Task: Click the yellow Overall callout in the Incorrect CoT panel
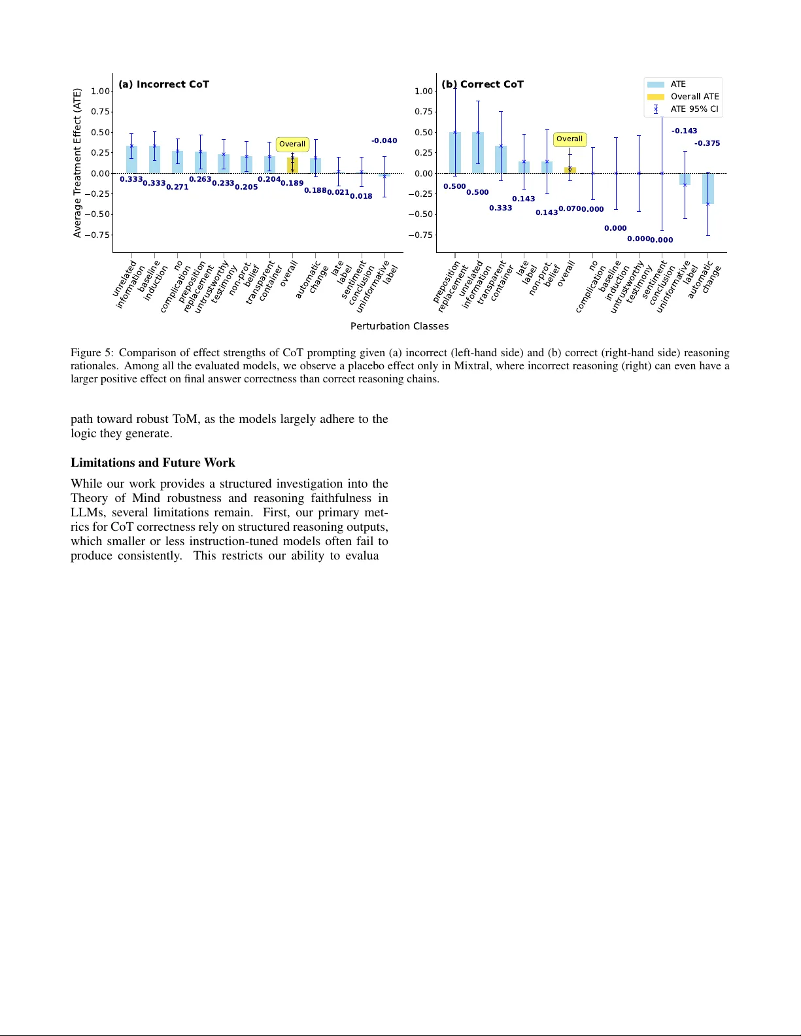click(x=292, y=144)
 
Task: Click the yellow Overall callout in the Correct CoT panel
click(x=569, y=139)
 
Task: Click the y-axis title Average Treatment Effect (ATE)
click(x=77, y=163)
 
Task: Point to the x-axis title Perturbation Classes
click(x=399, y=326)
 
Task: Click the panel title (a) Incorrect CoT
click(x=163, y=84)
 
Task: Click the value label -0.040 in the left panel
click(x=384, y=141)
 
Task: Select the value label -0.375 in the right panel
click(x=707, y=143)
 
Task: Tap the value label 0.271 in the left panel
click(x=177, y=187)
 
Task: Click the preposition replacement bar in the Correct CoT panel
click(x=455, y=153)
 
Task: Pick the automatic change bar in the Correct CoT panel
click(x=707, y=188)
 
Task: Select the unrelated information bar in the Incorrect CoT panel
click(x=131, y=159)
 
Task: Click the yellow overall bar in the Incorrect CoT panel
click(x=292, y=165)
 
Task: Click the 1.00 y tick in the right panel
click(x=424, y=91)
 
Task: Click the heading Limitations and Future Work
click(x=152, y=463)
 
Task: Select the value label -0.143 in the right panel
click(x=684, y=131)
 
